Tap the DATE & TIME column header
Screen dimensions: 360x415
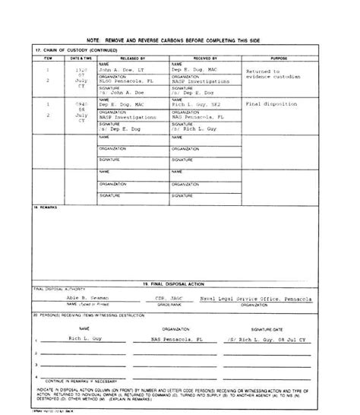tap(81, 57)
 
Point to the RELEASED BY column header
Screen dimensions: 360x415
tap(134, 57)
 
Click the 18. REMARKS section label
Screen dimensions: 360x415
tap(47, 207)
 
